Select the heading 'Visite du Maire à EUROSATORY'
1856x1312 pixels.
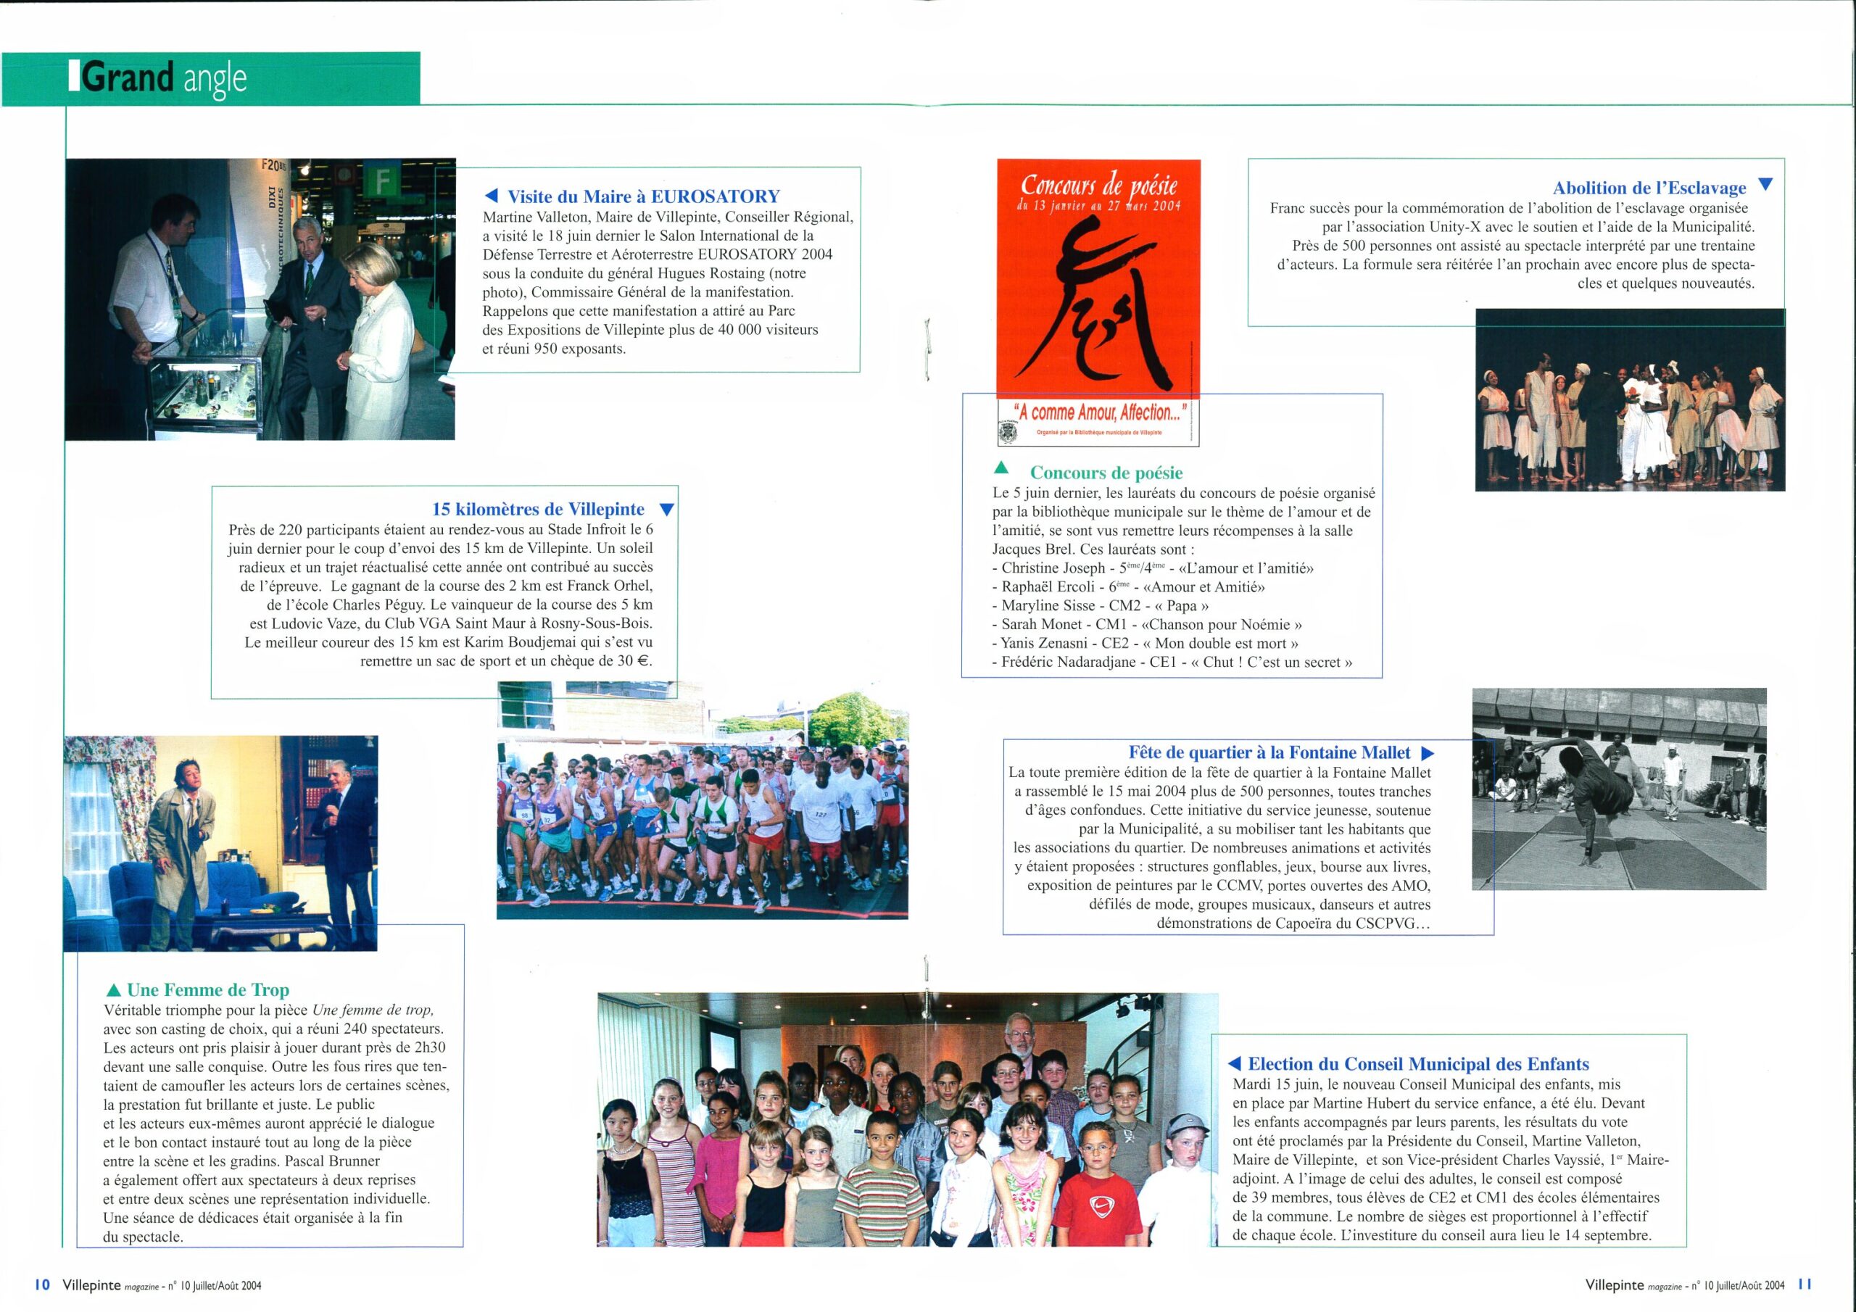pos(642,196)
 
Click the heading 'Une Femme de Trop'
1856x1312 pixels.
pos(208,989)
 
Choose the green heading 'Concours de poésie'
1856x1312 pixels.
pos(1106,473)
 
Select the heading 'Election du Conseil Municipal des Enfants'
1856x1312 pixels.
pos(1418,1064)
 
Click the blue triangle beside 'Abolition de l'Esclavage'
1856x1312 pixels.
pos(1765,185)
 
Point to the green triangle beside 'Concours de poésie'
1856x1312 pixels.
pos(1000,468)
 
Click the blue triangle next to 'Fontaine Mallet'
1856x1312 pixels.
pos(1428,753)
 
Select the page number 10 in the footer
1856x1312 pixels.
pos(43,1284)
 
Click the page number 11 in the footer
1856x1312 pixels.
pos(1806,1284)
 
